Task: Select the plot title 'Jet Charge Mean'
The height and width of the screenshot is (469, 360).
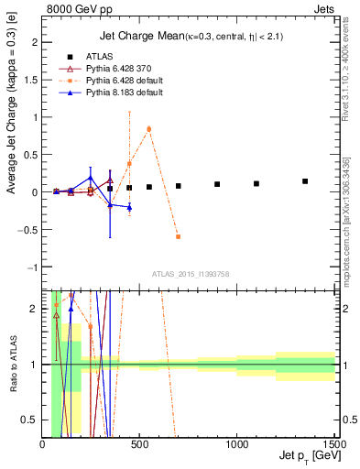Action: pos(136,36)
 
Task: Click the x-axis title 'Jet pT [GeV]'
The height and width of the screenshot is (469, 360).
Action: pos(302,456)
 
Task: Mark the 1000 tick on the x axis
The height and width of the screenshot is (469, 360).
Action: pos(236,444)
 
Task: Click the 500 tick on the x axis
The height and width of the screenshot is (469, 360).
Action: pos(139,444)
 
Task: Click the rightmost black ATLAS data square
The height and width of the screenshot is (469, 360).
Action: pos(305,181)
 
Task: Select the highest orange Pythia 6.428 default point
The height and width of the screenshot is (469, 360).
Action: pos(149,129)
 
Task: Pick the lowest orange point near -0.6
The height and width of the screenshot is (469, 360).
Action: pos(178,236)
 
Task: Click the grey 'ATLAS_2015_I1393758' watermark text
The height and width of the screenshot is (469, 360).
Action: pos(191,273)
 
